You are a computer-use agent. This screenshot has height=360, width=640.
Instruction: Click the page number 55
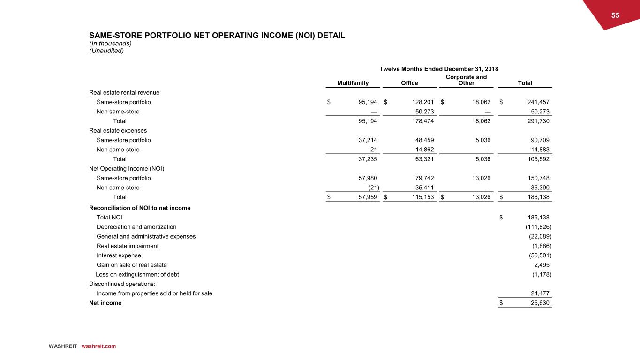click(615, 15)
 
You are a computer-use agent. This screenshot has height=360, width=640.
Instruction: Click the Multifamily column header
click(353, 83)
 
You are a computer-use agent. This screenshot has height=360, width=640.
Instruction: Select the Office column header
click(409, 83)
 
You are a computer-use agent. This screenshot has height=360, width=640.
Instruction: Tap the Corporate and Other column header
click(467, 80)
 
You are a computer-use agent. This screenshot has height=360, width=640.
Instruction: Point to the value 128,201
click(421, 102)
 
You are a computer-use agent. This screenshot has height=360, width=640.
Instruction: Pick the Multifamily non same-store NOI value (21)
click(373, 187)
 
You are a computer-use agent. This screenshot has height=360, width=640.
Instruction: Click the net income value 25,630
click(536, 303)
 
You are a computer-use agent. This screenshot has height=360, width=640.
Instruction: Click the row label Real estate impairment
click(128, 246)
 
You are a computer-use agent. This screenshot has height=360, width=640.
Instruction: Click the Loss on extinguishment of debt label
click(137, 274)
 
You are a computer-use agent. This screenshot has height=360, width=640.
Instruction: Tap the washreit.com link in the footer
click(98, 346)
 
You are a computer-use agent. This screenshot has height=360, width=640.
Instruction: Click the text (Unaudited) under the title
click(106, 51)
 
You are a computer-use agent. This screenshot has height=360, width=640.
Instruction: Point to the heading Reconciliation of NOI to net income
click(140, 208)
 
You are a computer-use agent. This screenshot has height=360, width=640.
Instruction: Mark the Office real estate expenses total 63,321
click(421, 159)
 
